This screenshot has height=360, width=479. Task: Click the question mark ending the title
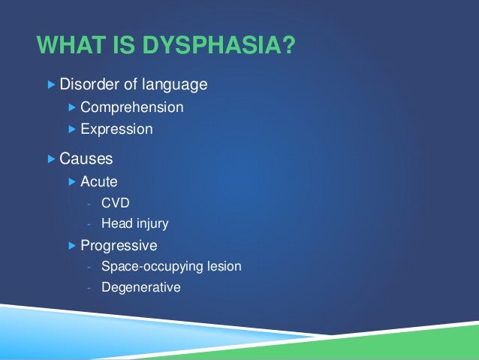click(287, 47)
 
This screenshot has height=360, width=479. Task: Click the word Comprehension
click(131, 107)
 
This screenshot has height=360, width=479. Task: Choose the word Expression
click(116, 129)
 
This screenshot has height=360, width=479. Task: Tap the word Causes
click(86, 159)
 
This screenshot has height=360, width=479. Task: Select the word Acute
click(98, 181)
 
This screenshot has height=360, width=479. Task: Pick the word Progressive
click(119, 245)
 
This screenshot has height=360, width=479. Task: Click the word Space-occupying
click(146, 266)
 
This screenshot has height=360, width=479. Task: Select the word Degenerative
click(140, 286)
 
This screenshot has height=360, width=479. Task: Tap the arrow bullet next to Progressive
click(72, 245)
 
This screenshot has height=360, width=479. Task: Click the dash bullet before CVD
click(89, 203)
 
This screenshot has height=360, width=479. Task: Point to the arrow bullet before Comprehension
click(72, 107)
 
